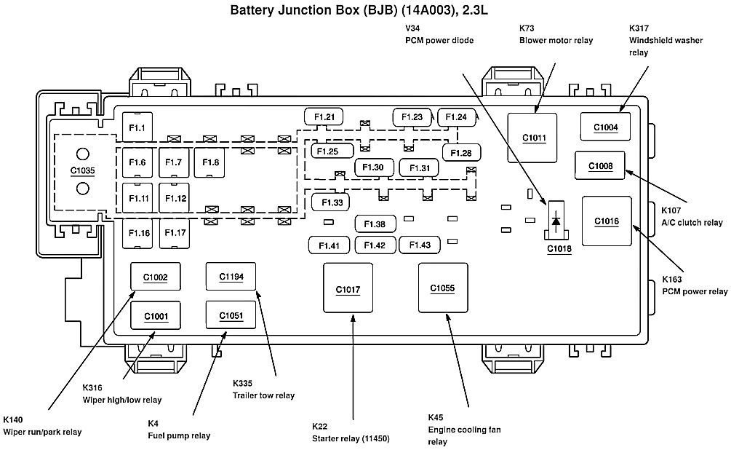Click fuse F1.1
click(x=137, y=129)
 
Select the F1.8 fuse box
click(x=211, y=162)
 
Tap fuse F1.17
click(x=175, y=233)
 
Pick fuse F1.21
click(x=324, y=117)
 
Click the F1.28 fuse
click(x=460, y=152)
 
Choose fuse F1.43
click(x=420, y=245)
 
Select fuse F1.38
click(x=375, y=224)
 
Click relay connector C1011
click(x=532, y=137)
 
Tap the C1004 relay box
click(x=605, y=127)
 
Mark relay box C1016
click(x=606, y=221)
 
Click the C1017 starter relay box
click(x=348, y=289)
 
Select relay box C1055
click(x=442, y=288)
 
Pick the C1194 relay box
click(x=231, y=276)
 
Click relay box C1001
click(x=156, y=315)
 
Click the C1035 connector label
click(x=82, y=171)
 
